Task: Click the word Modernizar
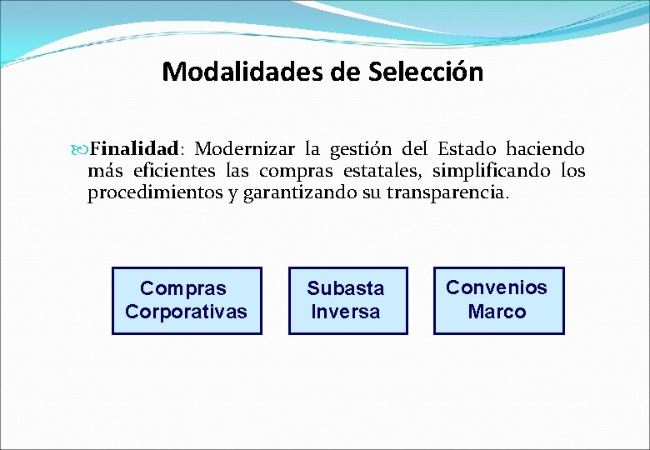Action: click(x=245, y=150)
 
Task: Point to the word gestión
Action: click(x=361, y=150)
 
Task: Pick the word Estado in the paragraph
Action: click(x=467, y=150)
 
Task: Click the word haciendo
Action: click(x=547, y=150)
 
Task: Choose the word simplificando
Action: click(x=491, y=172)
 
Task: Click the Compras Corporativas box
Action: click(x=187, y=301)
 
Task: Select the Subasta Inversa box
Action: click(x=348, y=301)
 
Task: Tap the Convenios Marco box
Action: click(x=498, y=301)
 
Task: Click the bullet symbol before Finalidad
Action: click(x=82, y=151)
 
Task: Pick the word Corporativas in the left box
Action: click(x=186, y=312)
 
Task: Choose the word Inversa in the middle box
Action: click(x=345, y=312)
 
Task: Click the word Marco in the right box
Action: click(x=497, y=312)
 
